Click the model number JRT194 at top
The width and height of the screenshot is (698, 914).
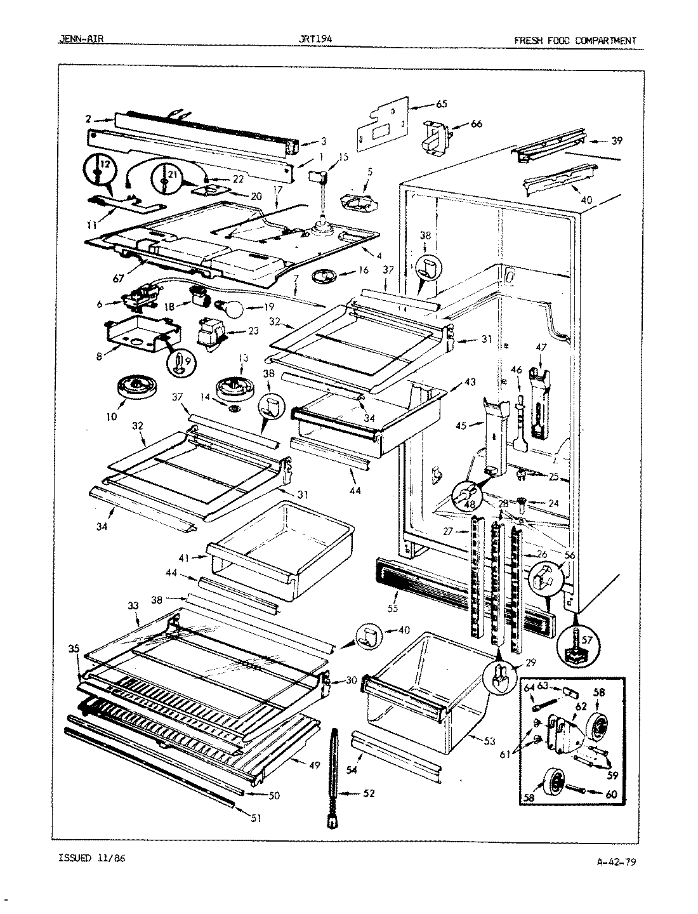315,39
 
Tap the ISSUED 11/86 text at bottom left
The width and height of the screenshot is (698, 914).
92,858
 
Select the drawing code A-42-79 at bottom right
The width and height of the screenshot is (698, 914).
617,862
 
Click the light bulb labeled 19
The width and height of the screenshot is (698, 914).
232,310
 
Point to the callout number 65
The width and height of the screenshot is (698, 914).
424,103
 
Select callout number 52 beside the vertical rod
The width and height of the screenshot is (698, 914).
369,793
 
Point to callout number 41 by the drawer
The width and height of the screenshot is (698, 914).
184,557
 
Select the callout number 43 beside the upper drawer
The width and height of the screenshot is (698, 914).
470,383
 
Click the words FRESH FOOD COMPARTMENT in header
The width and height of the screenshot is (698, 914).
574,41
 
